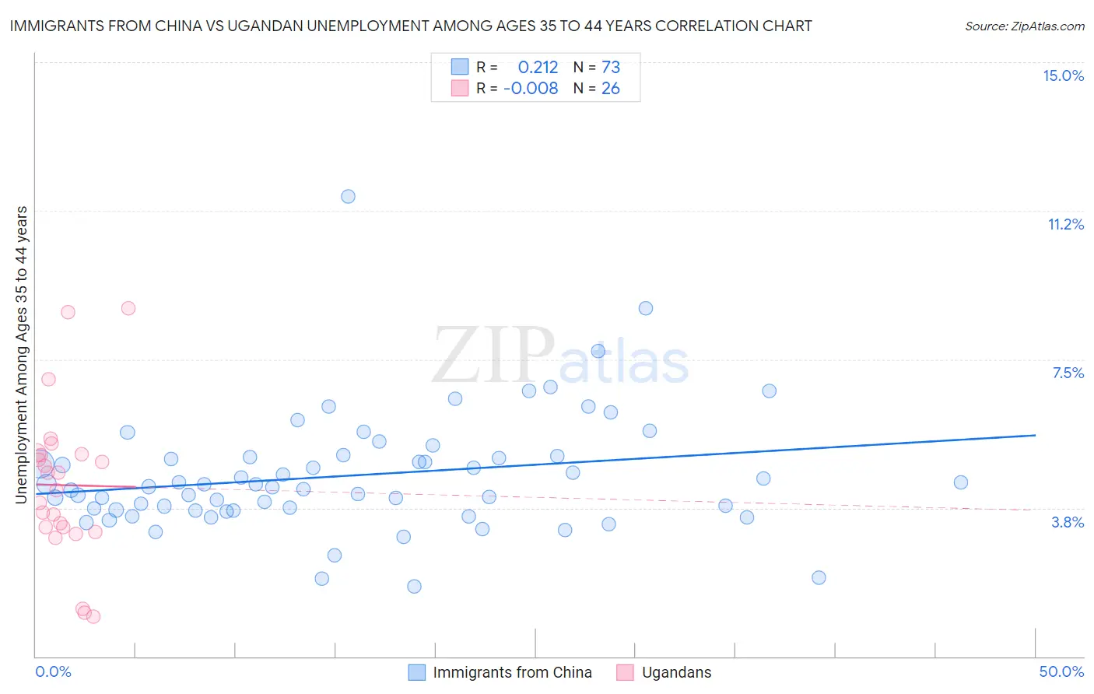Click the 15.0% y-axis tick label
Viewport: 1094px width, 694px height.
[x=1063, y=75]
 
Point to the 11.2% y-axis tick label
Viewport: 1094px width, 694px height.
[x=1065, y=224]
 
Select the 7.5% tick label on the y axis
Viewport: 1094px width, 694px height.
[x=1068, y=373]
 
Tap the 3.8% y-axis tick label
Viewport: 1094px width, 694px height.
[x=1068, y=522]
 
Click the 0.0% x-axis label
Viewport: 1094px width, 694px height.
[x=53, y=671]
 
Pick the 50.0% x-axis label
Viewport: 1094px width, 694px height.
[x=1061, y=671]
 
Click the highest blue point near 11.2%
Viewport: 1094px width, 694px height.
[x=348, y=196]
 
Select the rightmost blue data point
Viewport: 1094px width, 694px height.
[x=960, y=482]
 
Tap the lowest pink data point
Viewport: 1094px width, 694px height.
[x=93, y=616]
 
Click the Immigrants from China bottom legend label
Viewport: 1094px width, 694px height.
[x=512, y=672]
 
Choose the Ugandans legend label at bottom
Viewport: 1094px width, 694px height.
[x=676, y=672]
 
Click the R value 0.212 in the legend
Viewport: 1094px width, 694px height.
[x=538, y=68]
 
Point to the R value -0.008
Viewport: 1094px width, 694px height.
[x=531, y=89]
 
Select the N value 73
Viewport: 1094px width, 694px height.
[x=611, y=68]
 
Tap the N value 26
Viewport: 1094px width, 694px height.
[x=611, y=89]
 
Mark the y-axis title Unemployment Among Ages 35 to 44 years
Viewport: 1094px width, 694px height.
[x=21, y=355]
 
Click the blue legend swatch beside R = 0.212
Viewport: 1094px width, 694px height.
[x=460, y=67]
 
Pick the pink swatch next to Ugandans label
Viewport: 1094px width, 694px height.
[x=624, y=672]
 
